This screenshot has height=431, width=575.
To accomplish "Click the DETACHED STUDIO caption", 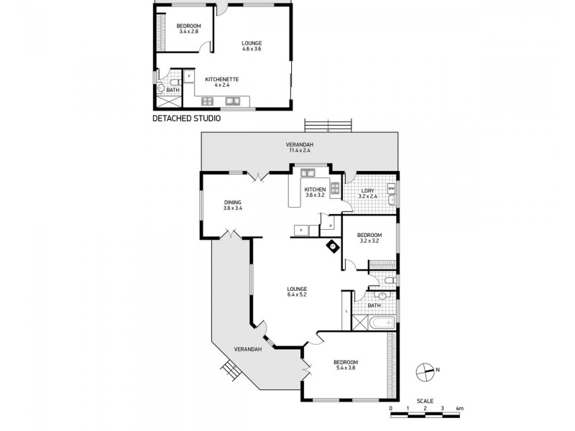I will coord(186,118).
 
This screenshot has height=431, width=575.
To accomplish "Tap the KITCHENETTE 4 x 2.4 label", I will coord(222,81).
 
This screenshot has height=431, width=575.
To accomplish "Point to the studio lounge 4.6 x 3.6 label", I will coord(252,46).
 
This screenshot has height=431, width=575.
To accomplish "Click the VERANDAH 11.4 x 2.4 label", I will coord(300,148).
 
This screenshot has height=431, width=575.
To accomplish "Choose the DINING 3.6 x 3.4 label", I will coord(233,205).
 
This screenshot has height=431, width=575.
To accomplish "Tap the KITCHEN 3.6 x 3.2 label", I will coord(315,192).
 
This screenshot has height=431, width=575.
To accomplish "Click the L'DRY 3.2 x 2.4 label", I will coord(367,193).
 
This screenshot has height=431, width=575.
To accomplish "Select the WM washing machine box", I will coord(391,188).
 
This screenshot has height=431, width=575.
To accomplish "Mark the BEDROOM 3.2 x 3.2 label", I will coord(369,238).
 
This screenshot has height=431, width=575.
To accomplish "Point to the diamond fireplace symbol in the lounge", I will coord(333,245).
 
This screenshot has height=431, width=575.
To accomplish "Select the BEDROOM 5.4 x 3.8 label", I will coord(346,365).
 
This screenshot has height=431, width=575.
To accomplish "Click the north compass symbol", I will coord(425,371).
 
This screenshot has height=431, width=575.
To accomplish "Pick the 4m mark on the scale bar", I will coord(459,408).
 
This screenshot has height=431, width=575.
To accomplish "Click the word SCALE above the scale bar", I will coord(425,400).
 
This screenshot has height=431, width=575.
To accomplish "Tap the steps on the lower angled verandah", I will coord(230,371).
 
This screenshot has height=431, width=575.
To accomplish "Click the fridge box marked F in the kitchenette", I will coord(189,75).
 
